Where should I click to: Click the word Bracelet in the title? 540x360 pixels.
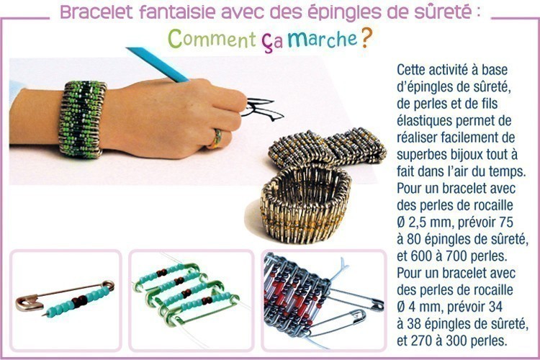[96, 12]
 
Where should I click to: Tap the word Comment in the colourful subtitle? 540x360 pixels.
[212, 39]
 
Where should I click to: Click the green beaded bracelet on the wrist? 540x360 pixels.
[82, 119]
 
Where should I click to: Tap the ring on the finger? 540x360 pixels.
[216, 138]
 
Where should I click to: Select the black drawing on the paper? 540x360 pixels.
[262, 109]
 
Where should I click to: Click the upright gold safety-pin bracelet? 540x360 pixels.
[306, 202]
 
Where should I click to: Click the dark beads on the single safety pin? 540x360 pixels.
[79, 301]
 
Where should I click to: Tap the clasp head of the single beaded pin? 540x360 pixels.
[29, 303]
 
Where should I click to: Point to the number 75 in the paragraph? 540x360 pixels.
[506, 222]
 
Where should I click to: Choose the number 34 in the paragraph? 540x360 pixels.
[495, 307]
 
